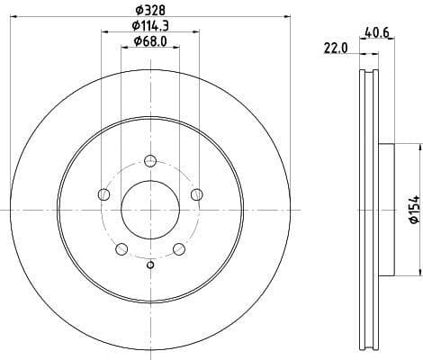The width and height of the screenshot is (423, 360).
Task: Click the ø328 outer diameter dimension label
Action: [x=149, y=9]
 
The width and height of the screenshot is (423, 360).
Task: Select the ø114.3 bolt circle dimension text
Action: [x=149, y=25]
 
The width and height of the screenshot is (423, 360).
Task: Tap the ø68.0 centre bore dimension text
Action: [x=149, y=40]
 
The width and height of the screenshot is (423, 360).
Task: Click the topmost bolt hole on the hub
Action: [x=150, y=162]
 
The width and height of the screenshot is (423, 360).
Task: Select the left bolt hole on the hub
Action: [x=103, y=195]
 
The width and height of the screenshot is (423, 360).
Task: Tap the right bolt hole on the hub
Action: [x=197, y=195]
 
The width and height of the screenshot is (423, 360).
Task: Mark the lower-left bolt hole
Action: [x=121, y=249]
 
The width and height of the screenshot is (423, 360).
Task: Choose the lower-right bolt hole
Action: [x=179, y=249]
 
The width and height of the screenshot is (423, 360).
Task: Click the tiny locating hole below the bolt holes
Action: [x=150, y=264]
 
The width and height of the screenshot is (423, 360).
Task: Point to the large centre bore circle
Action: [x=150, y=211]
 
